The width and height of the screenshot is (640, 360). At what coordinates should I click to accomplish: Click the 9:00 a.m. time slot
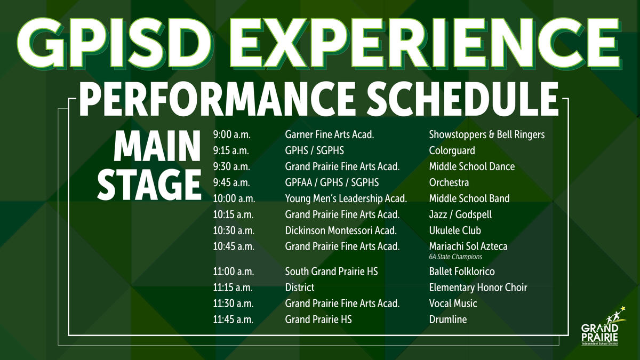tap(231, 134)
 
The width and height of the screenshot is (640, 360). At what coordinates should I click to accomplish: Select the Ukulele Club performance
tap(455, 230)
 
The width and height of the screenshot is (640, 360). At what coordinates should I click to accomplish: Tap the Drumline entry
tap(447, 319)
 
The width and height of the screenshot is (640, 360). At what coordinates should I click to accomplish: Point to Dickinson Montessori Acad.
tap(341, 230)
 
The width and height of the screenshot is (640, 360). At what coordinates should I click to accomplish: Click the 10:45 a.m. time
tap(234, 246)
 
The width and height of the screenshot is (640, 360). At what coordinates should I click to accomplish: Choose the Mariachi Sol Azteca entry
tap(468, 246)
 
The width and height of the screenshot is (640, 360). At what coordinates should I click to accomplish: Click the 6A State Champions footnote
tap(455, 257)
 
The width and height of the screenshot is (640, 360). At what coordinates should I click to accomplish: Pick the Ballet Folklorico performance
tap(462, 271)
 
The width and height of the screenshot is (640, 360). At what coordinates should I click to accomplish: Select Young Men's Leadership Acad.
tap(346, 198)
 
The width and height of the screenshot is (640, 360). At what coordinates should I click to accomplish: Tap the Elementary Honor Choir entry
tap(478, 287)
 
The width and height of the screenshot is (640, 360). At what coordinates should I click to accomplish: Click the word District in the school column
tap(300, 287)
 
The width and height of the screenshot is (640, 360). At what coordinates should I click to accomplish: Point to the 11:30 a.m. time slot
tap(234, 303)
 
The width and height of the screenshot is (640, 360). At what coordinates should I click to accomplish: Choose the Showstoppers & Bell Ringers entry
tap(486, 134)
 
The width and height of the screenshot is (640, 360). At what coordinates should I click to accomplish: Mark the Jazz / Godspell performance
tap(460, 214)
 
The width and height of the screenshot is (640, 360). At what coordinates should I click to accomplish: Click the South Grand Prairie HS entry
tap(331, 271)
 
